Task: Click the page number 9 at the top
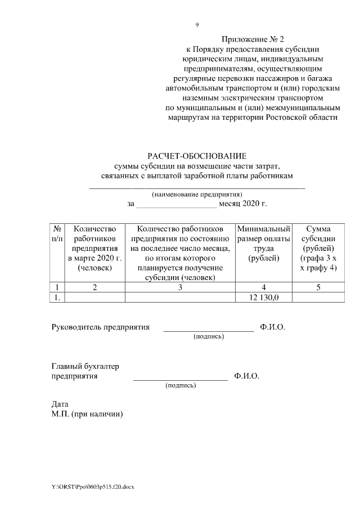tap(197, 25)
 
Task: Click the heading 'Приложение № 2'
tap(253, 39)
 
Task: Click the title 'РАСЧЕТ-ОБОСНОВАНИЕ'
tap(197, 156)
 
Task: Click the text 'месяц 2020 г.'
tap(242, 204)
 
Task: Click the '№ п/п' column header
tap(57, 234)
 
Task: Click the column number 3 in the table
tap(180, 287)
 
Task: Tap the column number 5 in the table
tap(318, 287)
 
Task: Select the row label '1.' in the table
tap(56, 298)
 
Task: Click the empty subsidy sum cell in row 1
tap(318, 298)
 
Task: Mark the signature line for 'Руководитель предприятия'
tap(209, 330)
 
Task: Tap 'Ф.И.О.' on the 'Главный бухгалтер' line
tap(247, 376)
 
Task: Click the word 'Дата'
tap(60, 404)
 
